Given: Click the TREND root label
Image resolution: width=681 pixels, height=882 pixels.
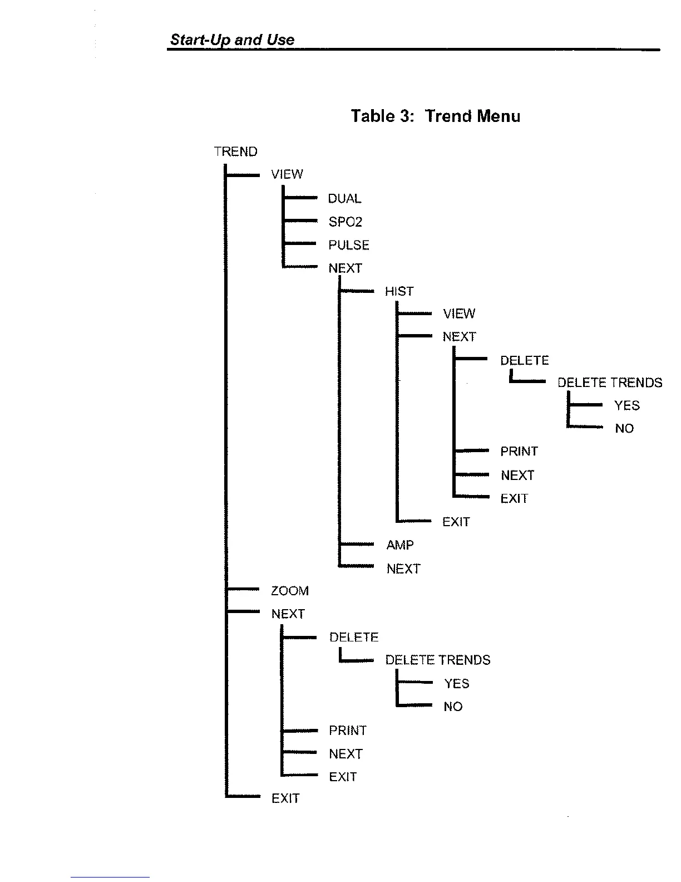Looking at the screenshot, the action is tap(235, 151).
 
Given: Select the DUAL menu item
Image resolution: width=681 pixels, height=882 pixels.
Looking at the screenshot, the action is tap(344, 199).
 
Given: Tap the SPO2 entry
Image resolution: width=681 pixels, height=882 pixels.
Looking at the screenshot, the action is tap(345, 222).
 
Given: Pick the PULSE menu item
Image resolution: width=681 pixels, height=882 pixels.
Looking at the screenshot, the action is tap(349, 245).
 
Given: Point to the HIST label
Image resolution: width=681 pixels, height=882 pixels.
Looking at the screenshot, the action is tap(399, 291).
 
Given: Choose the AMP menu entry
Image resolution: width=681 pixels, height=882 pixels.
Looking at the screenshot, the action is tap(400, 545).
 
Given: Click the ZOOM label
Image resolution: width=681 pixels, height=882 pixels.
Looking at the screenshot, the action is tap(289, 591).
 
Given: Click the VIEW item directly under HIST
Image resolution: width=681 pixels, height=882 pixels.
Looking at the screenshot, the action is tap(459, 313).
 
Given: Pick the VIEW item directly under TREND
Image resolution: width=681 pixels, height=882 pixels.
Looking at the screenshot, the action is tap(287, 174).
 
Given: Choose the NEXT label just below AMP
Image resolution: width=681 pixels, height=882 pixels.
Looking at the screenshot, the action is tap(403, 569).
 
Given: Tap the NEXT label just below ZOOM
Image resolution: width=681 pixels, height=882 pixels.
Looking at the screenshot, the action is tap(288, 614).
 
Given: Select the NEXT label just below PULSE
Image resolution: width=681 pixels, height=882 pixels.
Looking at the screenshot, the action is tap(345, 268).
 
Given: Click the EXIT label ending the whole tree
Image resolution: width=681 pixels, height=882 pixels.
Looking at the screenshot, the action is tap(285, 798).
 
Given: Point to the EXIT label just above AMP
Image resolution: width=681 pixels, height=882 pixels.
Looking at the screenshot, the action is tap(456, 522).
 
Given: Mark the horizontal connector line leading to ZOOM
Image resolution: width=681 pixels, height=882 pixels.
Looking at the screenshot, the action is tap(243, 589).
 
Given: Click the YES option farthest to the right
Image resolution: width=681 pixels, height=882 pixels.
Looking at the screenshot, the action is tap(626, 405).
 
